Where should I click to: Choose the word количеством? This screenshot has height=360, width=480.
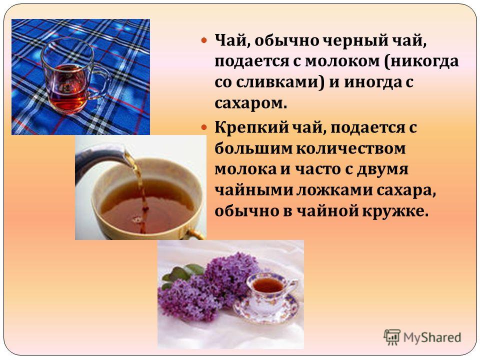tap(351, 148)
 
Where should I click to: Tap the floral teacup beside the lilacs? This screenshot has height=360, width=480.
tap(269, 291)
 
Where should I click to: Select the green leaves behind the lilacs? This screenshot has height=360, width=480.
tap(182, 273)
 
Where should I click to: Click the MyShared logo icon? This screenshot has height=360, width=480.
tap(392, 337)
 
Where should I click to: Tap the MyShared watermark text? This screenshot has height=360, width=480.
tap(432, 337)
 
